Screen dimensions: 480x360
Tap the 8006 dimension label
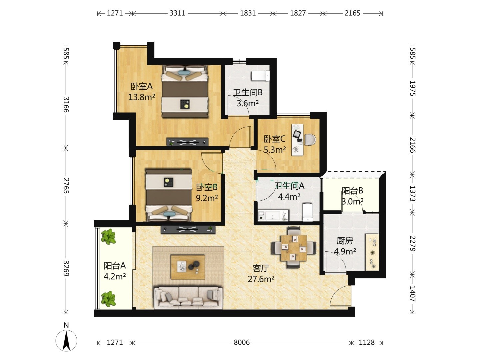tap(241, 342)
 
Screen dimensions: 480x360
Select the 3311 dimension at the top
tap(177, 13)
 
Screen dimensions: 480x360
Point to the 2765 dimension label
tap(66, 186)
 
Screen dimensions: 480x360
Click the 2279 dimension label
tap(412, 243)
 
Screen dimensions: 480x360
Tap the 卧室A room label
tap(141, 87)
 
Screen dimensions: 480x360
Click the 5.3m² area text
tap(275, 150)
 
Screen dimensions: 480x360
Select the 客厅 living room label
tap(261, 268)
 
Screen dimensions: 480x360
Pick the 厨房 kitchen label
tap(345, 241)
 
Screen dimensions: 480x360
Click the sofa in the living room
tap(189, 298)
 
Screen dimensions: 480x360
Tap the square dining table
tap(294, 248)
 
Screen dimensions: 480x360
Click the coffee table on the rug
tap(188, 267)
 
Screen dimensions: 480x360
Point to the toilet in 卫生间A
tap(307, 212)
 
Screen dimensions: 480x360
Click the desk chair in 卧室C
tap(310, 139)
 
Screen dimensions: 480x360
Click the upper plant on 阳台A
tap(108, 236)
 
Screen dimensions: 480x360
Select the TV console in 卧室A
tap(187, 142)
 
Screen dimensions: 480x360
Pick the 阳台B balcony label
tap(353, 191)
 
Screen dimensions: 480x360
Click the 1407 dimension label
tap(412, 294)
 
